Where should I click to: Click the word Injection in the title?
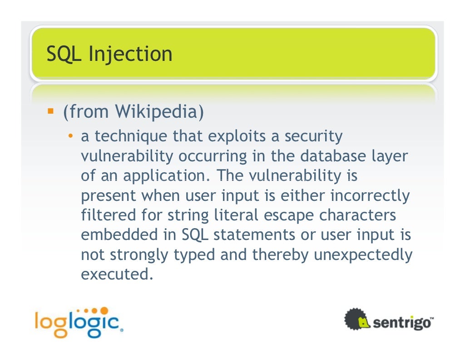click(130, 54)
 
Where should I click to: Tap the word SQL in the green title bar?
click(65, 54)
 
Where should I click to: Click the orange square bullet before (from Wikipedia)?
click(51, 111)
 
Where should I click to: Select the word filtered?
click(108, 215)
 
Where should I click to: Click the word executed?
click(114, 275)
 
